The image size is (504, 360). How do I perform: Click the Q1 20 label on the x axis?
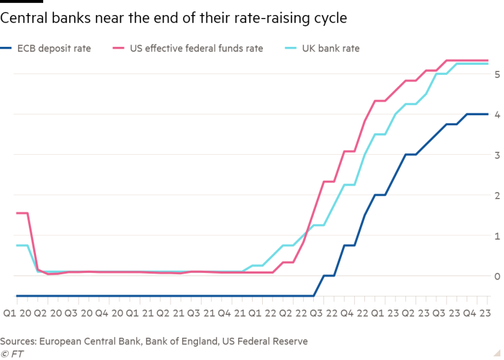point(17,314)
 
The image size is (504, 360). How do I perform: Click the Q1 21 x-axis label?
point(139,314)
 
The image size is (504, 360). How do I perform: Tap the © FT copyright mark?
point(9,353)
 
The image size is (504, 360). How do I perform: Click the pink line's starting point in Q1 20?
point(16,213)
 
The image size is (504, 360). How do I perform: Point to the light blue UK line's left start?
point(16,246)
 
